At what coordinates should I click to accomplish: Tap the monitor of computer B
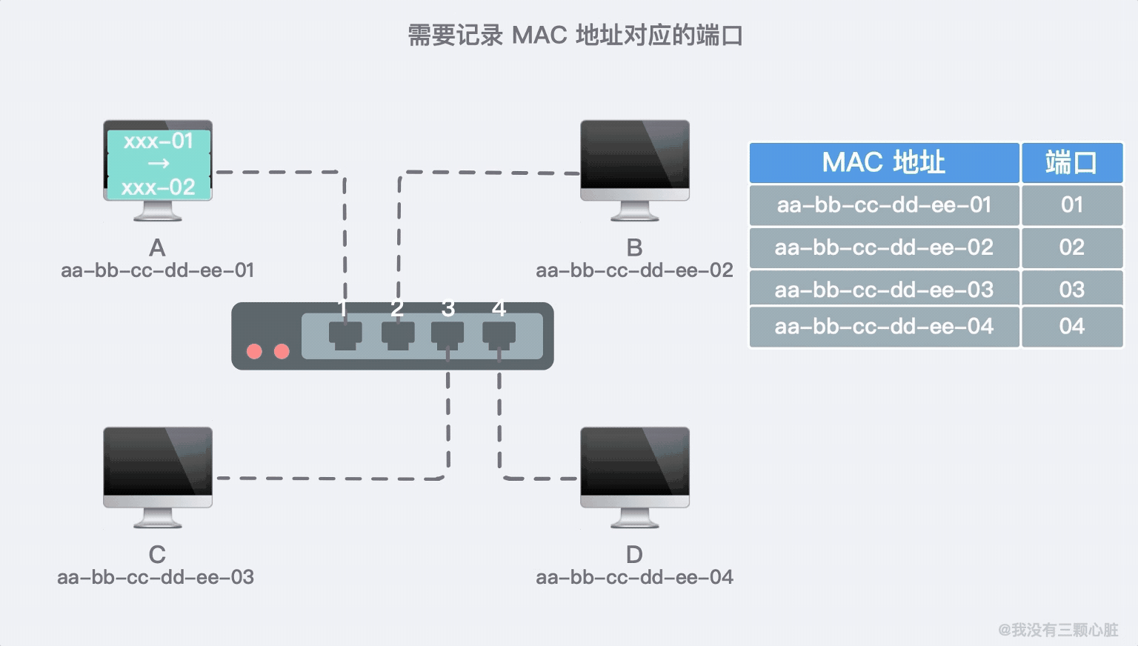pyautogui.click(x=635, y=159)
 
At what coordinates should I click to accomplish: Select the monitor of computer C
pyautogui.click(x=158, y=466)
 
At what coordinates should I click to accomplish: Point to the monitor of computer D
pyautogui.click(x=635, y=466)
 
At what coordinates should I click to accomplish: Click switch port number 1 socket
pyautogui.click(x=345, y=334)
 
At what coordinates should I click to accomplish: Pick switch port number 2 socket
pyautogui.click(x=398, y=334)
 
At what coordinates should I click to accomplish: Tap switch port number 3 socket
pyautogui.click(x=447, y=334)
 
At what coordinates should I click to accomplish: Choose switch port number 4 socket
pyautogui.click(x=499, y=334)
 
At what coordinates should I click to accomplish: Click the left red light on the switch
pyautogui.click(x=254, y=351)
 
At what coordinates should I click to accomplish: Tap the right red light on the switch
pyautogui.click(x=282, y=351)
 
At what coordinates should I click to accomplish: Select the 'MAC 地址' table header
pyautogui.click(x=884, y=162)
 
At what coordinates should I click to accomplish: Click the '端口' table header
pyautogui.click(x=1071, y=162)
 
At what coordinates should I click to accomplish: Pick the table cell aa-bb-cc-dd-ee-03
pyautogui.click(x=884, y=290)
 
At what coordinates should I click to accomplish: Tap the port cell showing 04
pyautogui.click(x=1071, y=327)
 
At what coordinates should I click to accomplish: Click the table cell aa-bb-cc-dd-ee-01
pyautogui.click(x=884, y=204)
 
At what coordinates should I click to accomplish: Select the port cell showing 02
pyautogui.click(x=1071, y=247)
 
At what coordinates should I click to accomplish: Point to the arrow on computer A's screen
pyautogui.click(x=159, y=163)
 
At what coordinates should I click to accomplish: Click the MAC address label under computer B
pyautogui.click(x=634, y=270)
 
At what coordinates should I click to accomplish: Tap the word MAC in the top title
pyautogui.click(x=539, y=36)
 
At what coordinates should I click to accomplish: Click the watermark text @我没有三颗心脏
pyautogui.click(x=1058, y=630)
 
